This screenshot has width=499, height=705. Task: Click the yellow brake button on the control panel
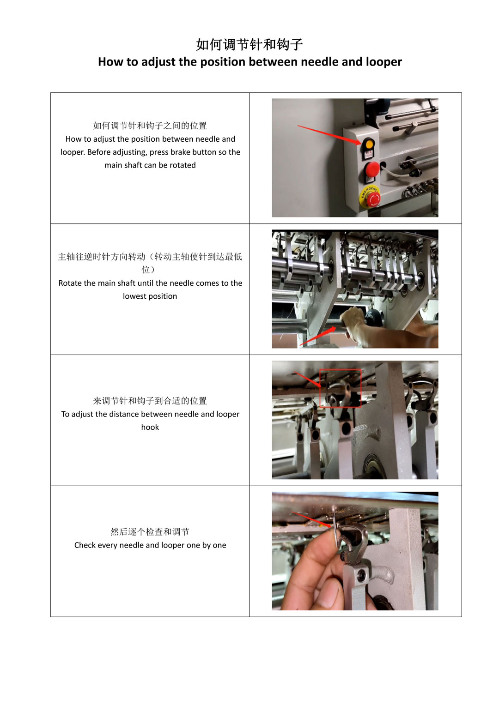(369, 145)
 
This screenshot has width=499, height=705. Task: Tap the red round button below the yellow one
(372, 169)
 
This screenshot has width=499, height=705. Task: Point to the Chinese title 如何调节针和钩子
(249, 44)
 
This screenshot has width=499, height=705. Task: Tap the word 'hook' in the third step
(150, 427)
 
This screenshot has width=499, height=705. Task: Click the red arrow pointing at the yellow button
(329, 135)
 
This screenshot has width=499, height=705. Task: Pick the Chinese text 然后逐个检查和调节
(150, 532)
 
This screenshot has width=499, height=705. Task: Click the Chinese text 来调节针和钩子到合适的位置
(150, 401)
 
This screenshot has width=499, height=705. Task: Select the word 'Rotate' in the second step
(69, 283)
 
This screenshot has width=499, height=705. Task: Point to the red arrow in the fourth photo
(312, 519)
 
